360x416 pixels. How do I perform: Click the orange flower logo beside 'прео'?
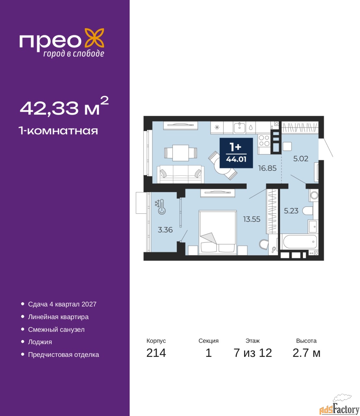point(94,38)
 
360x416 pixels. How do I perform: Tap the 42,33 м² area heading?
point(64,106)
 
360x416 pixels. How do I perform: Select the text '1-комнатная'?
point(58,131)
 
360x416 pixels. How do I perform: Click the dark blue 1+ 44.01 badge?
point(236,153)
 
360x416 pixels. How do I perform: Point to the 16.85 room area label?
point(267,168)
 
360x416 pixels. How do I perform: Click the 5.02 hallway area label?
point(301,159)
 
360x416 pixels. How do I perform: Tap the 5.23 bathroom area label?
point(291,211)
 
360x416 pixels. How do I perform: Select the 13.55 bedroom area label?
point(252,219)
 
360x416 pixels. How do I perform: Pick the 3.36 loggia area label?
point(165,230)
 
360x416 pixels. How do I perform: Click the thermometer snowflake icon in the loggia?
point(160,207)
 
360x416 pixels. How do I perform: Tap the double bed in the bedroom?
point(217,232)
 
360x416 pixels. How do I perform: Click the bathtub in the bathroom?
point(299,241)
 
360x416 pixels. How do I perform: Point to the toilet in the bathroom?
point(307,211)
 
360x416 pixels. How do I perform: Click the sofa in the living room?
point(180,174)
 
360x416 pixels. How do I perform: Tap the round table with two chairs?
point(223,166)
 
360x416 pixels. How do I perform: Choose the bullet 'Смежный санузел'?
point(56,330)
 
